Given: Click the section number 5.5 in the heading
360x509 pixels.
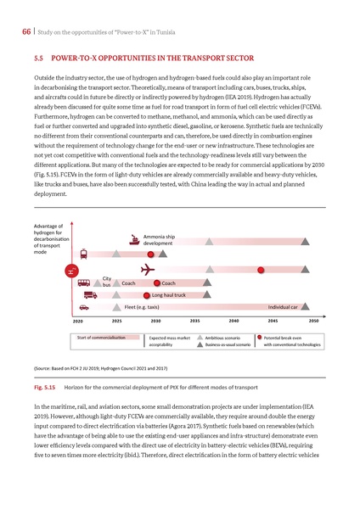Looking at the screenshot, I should click(x=38, y=61).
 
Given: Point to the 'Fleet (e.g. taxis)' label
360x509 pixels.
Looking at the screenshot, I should click(x=142, y=306).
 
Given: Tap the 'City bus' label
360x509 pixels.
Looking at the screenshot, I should click(x=107, y=282).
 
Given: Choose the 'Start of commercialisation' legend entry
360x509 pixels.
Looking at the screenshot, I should click(x=101, y=338).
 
